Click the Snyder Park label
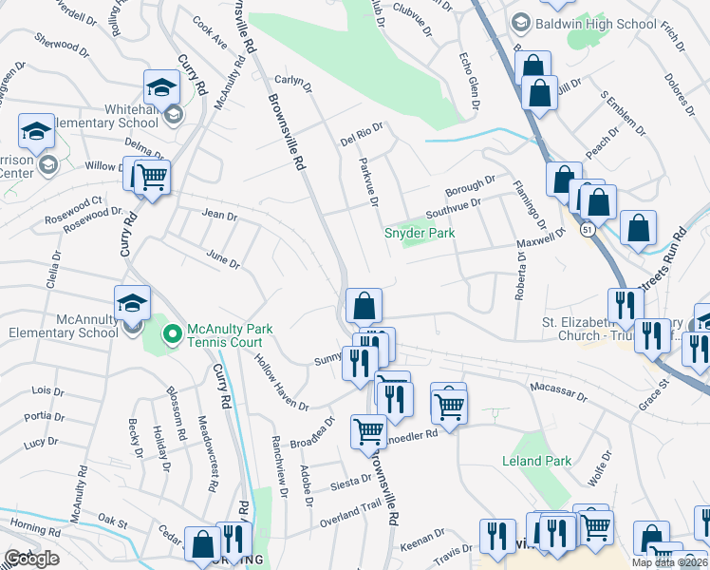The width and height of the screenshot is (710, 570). pyautogui.click(x=419, y=233)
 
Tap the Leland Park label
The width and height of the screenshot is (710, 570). pyautogui.click(x=536, y=461)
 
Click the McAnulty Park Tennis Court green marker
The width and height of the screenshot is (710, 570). pyautogui.click(x=172, y=332)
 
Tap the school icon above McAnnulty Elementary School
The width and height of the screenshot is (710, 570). pyautogui.click(x=132, y=303)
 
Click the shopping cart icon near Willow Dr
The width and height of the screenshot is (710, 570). pyautogui.click(x=151, y=177)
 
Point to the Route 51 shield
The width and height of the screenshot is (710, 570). pyautogui.click(x=589, y=230)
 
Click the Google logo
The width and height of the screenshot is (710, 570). pyautogui.click(x=31, y=559)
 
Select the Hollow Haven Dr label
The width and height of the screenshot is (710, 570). pyautogui.click(x=281, y=382)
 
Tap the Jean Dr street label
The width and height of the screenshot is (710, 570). pyautogui.click(x=220, y=216)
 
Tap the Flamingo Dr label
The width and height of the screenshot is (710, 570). pyautogui.click(x=530, y=204)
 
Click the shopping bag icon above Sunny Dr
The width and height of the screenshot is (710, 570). pyautogui.click(x=364, y=306)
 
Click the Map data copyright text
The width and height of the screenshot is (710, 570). pyautogui.click(x=670, y=562)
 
